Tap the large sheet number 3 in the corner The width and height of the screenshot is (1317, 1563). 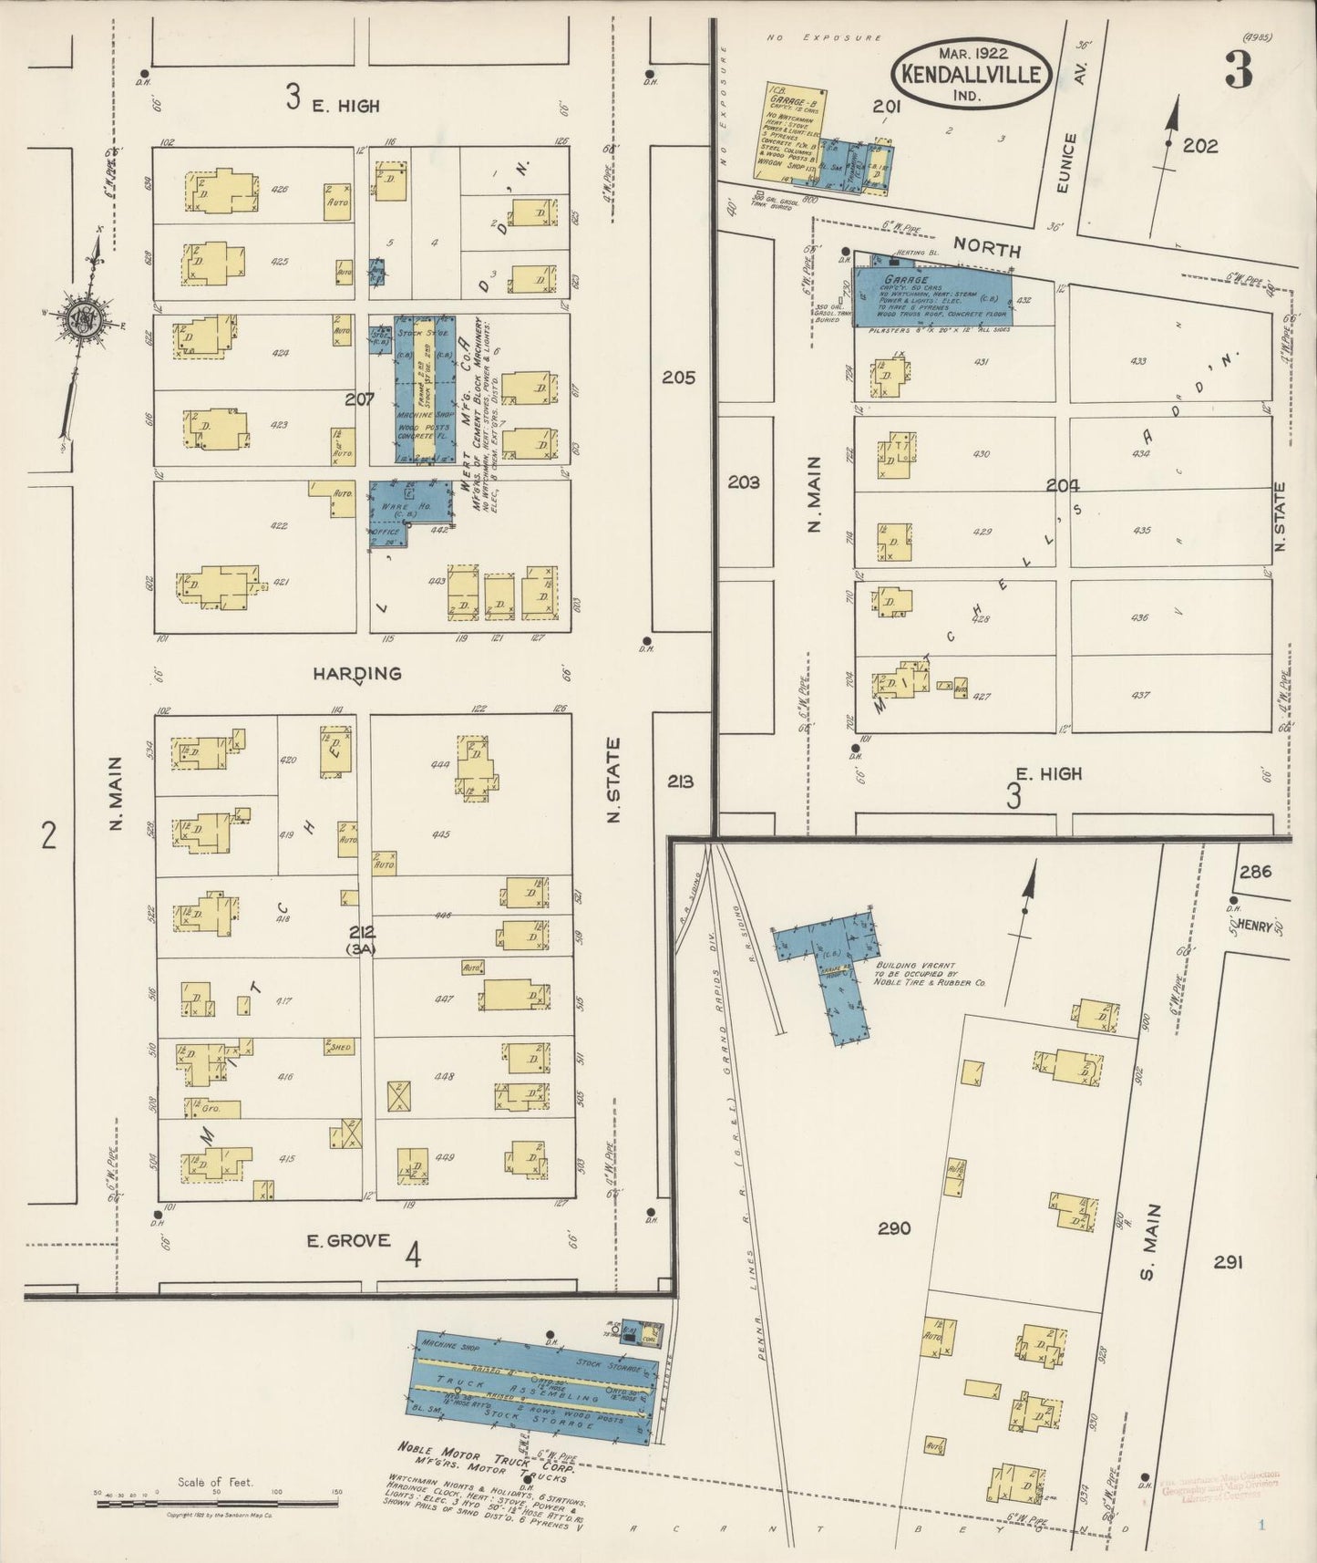pos(1238,71)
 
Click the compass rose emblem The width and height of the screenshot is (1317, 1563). pos(79,318)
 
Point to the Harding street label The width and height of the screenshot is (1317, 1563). pos(357,674)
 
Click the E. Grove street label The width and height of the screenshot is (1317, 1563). pos(348,1240)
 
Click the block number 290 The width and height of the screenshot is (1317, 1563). pos(894,1228)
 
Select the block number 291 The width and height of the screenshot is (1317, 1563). pos(1228,1262)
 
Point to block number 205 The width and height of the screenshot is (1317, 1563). pos(679,378)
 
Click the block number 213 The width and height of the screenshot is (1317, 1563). pos(680,781)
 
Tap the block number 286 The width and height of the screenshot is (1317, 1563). pos(1254,871)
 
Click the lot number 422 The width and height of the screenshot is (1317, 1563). pos(280,525)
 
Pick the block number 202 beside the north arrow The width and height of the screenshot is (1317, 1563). pos(1199,146)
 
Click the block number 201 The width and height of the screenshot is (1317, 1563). pos(886,107)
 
